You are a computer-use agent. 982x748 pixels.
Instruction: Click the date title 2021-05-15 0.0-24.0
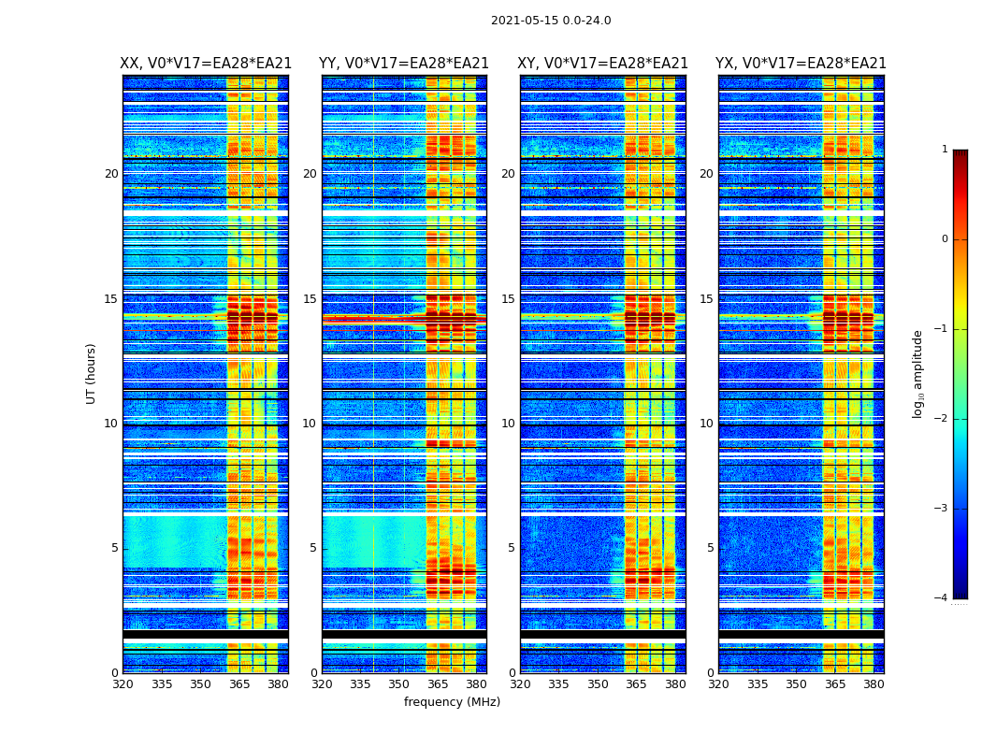551,21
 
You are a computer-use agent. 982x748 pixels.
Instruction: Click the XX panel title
206,64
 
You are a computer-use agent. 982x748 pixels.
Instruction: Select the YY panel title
404,64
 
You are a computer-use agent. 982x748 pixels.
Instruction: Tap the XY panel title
603,64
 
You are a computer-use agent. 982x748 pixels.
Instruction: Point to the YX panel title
801,64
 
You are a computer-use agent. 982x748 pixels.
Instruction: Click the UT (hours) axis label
92,373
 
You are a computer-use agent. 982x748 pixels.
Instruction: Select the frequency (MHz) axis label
452,702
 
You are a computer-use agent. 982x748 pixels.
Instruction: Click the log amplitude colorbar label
918,373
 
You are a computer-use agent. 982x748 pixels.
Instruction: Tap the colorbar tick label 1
945,150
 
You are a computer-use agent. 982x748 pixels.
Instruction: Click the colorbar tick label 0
945,239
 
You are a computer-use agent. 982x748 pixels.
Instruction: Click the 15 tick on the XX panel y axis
111,299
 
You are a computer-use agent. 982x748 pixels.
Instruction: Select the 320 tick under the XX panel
123,684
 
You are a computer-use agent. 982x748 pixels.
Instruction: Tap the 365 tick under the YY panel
438,684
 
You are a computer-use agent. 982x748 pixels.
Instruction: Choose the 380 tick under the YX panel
874,684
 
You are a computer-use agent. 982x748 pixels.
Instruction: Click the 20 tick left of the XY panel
508,174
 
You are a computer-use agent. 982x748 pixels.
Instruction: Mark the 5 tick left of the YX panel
710,548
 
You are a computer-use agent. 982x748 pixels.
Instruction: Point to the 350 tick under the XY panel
598,684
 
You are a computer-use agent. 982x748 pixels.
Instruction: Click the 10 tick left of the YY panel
310,424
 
